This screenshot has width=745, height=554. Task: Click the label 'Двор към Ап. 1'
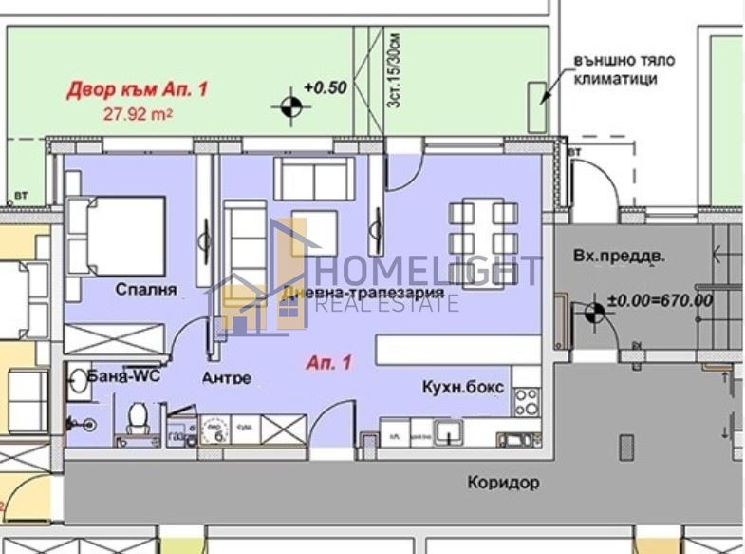click(137, 90)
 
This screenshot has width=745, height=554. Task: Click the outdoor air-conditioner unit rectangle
click(537, 105)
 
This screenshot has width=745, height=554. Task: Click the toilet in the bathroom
click(139, 415)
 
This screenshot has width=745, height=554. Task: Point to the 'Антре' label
click(227, 377)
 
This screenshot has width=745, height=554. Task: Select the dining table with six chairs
click(482, 228)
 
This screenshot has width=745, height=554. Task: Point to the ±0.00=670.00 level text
click(660, 300)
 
